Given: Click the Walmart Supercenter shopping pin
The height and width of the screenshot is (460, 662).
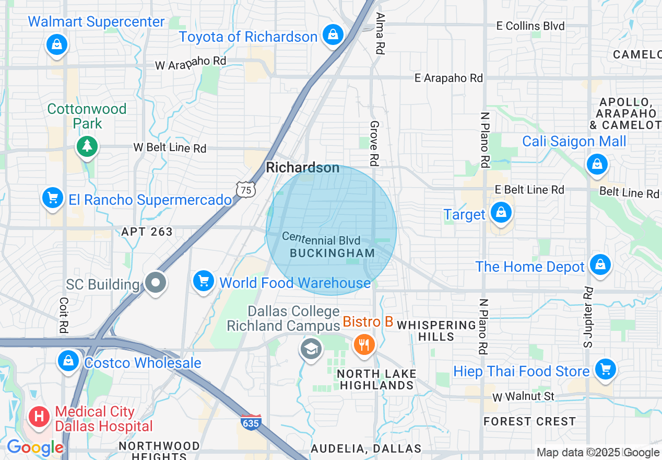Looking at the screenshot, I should tap(57, 44).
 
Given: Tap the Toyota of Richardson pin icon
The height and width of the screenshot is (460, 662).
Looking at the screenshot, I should tap(332, 35).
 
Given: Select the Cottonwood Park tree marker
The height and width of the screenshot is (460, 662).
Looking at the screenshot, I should tap(87, 146).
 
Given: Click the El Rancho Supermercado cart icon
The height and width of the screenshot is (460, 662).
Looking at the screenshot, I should tap(53, 198).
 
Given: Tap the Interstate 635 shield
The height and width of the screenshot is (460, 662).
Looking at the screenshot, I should tap(251, 422).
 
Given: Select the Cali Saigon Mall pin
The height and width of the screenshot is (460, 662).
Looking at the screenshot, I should tap(597, 164).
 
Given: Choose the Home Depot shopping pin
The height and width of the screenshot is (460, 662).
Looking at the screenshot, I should tap(600, 264).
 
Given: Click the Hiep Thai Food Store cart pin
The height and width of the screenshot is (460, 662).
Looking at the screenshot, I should tap(606, 369).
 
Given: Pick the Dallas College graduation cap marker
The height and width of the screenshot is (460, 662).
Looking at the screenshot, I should tap(311, 348).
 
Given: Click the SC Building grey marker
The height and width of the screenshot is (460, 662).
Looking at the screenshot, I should tap(155, 283).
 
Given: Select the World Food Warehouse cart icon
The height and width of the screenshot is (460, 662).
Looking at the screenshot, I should tap(204, 281).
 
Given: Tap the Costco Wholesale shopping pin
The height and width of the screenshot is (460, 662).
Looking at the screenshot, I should tap(68, 360).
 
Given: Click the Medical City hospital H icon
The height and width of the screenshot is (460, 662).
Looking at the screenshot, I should tap(39, 417).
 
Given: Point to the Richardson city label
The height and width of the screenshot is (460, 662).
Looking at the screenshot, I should tap(303, 168).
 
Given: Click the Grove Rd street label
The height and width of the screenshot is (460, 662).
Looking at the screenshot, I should tap(374, 143).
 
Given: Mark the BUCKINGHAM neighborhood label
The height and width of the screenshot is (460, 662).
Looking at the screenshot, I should tap(332, 253).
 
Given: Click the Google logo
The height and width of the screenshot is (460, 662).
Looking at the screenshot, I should tap(34, 447).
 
